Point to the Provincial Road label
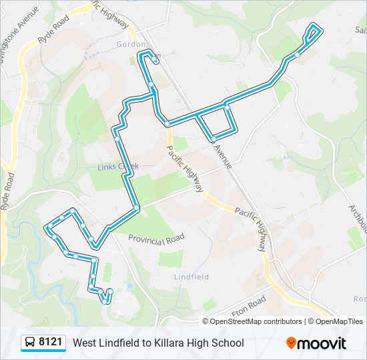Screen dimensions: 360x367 (x=156, y=239)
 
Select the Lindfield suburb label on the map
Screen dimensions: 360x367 (x=192, y=276)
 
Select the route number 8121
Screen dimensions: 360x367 (x=51, y=343)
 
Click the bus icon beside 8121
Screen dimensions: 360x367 (x=30, y=343)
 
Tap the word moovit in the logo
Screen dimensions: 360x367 (x=322, y=343)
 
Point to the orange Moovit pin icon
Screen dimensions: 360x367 (x=291, y=343)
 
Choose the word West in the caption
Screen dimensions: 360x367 (x=84, y=343)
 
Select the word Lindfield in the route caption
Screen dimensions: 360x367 (x=121, y=343)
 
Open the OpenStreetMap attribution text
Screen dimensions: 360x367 (x=237, y=321)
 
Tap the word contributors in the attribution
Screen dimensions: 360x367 (x=283, y=321)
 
